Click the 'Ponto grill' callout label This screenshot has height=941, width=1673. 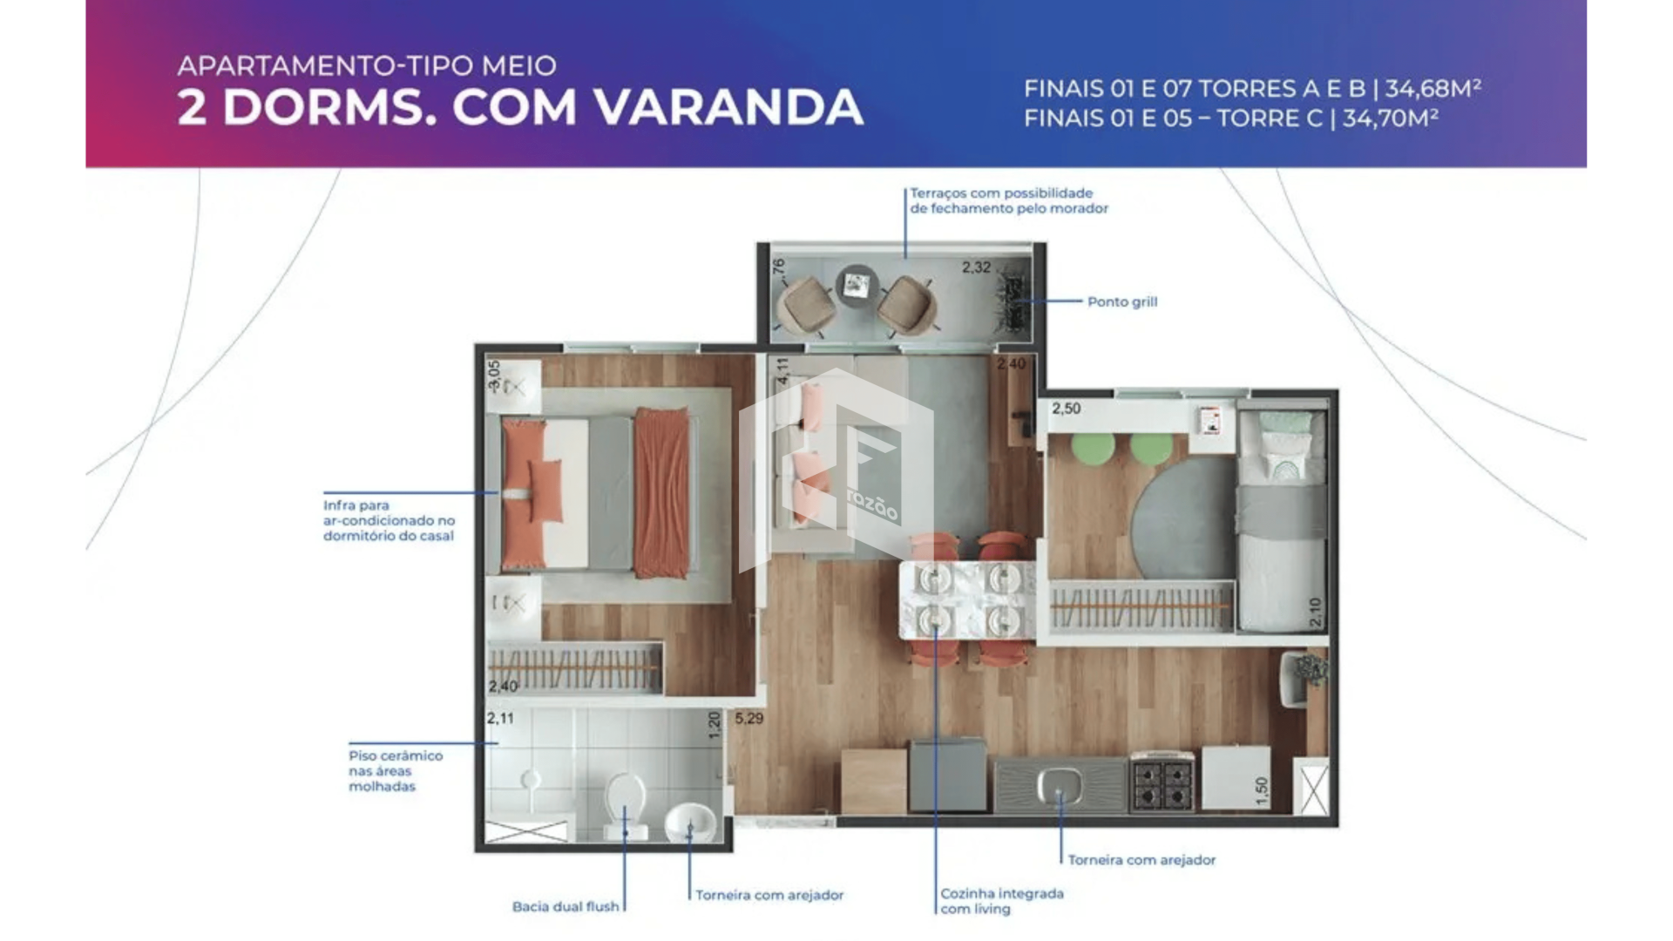click(1122, 301)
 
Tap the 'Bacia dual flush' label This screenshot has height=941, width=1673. click(566, 906)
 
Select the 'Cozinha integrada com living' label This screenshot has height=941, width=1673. click(1002, 901)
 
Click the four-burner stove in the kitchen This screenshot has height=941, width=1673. click(1162, 781)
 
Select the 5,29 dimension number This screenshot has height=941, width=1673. click(748, 719)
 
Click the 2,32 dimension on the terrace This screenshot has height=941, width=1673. click(976, 267)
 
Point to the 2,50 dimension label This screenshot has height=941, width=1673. click(1066, 408)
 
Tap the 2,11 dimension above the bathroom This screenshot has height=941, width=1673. click(500, 719)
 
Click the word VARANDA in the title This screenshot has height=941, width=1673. click(728, 107)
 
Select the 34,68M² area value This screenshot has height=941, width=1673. click(1433, 88)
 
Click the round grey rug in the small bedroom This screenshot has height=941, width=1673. click(1184, 513)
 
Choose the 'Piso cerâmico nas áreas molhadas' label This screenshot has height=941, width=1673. click(396, 771)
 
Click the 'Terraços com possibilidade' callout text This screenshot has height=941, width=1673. click(1001, 193)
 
